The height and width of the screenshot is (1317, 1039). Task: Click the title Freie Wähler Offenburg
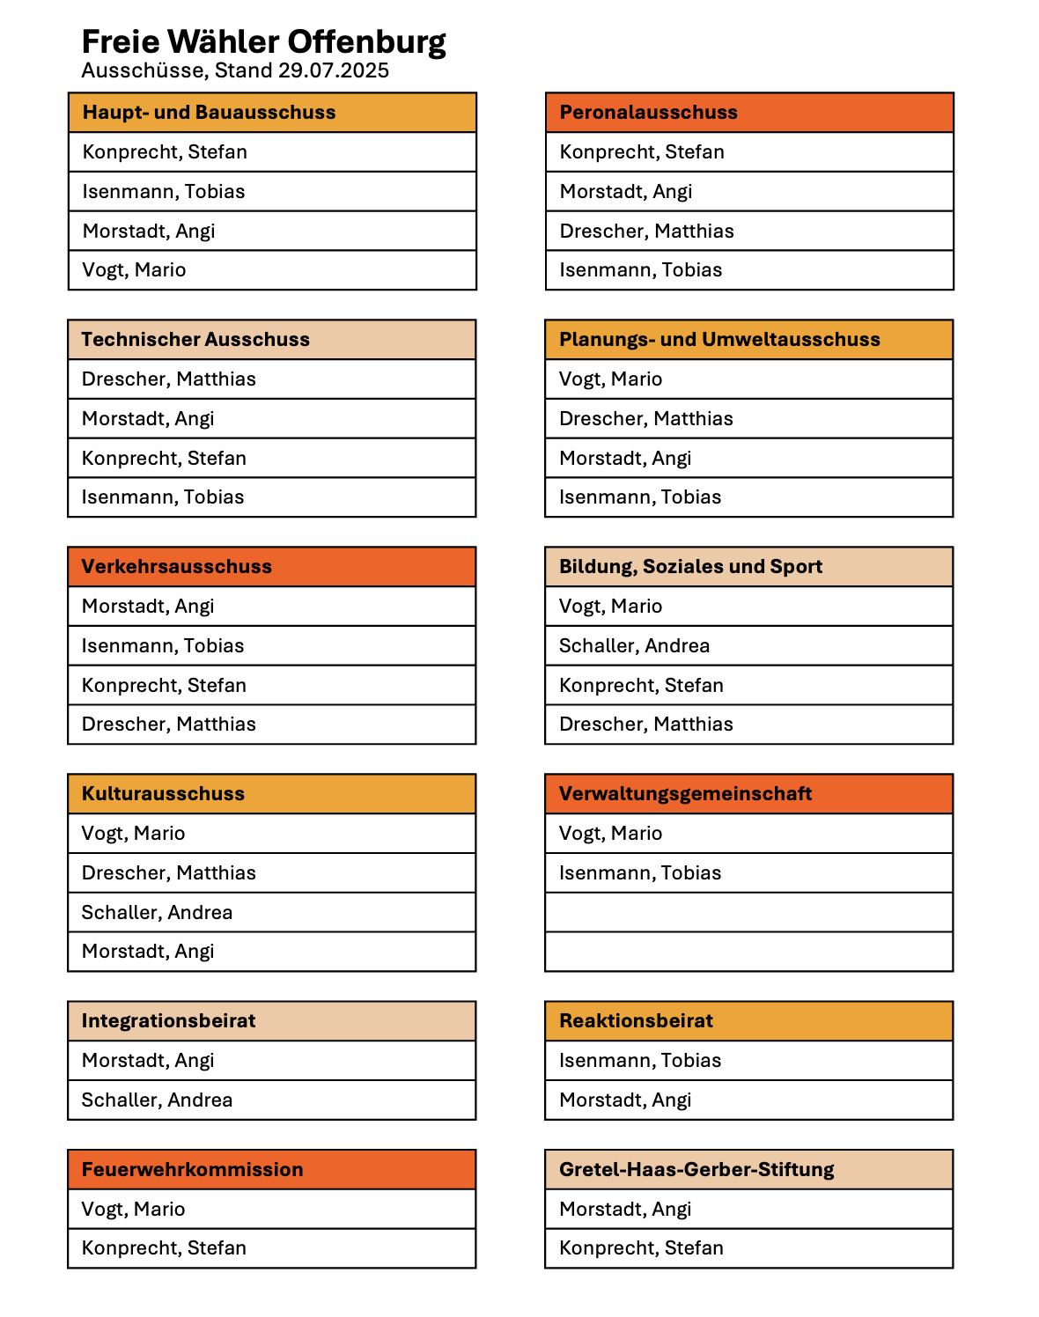point(263,41)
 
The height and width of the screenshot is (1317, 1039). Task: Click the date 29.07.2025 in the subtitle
point(334,70)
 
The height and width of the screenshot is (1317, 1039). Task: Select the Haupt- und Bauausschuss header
point(209,113)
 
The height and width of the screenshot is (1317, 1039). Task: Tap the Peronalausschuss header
point(649,113)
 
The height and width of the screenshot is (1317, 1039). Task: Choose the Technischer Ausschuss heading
point(195,340)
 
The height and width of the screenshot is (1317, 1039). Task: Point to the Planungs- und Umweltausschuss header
point(719,340)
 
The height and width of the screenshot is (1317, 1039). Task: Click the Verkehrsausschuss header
point(176,567)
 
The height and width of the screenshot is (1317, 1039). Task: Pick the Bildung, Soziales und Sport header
point(690,567)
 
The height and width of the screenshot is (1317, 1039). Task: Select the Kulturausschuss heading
point(163,794)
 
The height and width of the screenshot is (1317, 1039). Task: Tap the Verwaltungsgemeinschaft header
point(685,794)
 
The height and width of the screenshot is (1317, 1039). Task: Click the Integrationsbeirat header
point(168,1021)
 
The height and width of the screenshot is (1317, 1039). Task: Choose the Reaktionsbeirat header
point(636,1021)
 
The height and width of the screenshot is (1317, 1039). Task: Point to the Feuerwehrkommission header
point(192,1170)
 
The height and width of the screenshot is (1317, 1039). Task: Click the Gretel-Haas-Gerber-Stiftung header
point(696,1170)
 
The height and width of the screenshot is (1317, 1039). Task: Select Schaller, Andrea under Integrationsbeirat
point(157,1100)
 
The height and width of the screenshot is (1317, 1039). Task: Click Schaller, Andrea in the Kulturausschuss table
point(157,913)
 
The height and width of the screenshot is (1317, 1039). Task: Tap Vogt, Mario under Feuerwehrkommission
point(133,1210)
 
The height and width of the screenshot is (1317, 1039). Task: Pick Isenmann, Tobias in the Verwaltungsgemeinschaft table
point(640,873)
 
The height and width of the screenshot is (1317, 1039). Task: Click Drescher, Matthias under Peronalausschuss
point(646,232)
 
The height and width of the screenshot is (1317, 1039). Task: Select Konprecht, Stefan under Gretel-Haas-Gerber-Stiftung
point(641,1248)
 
